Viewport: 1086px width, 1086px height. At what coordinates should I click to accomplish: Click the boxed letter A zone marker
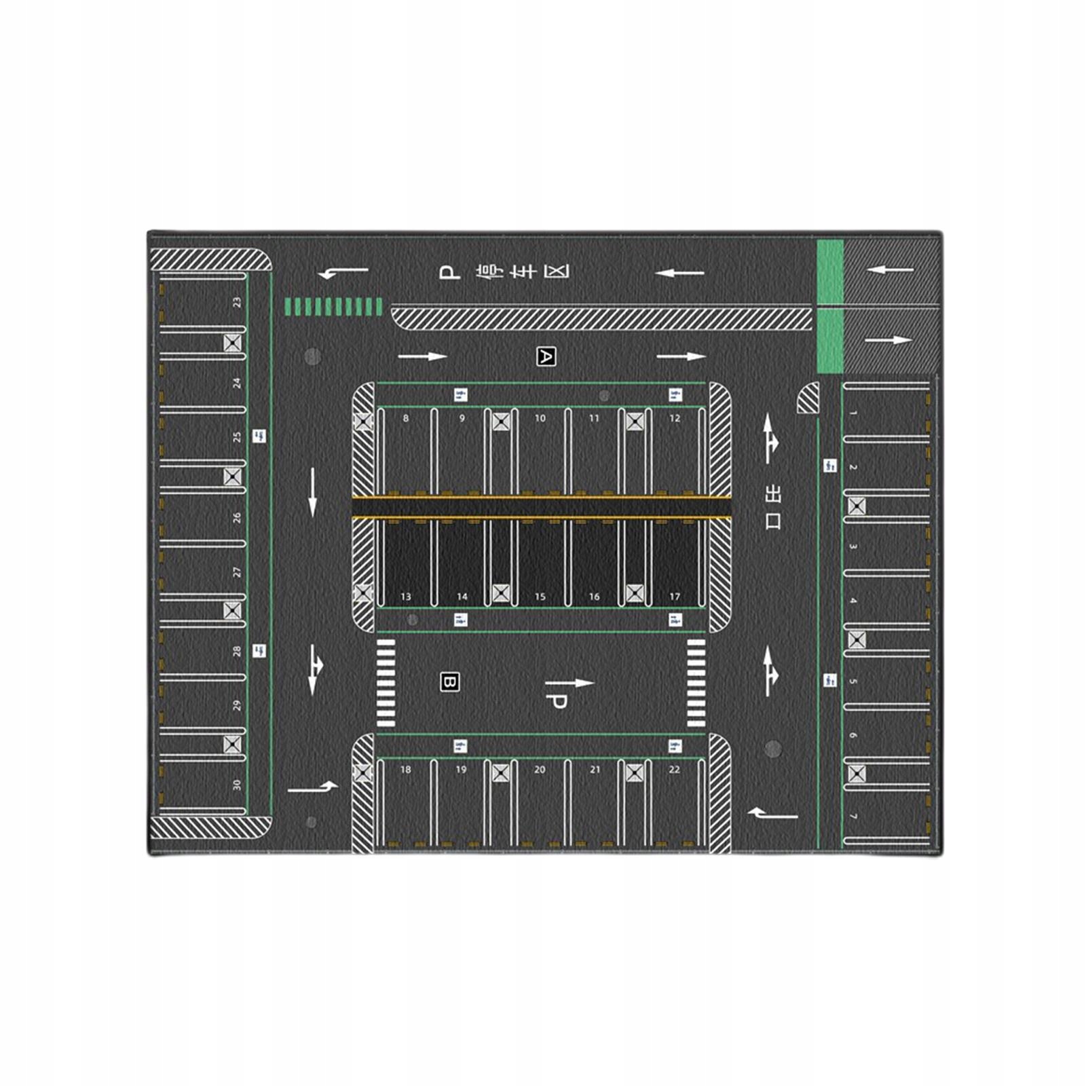coord(546,356)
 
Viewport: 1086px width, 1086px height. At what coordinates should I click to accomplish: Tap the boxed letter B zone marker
coord(450,682)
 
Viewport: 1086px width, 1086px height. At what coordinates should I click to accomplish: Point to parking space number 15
coord(540,563)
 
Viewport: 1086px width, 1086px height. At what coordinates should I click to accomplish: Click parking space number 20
coord(540,804)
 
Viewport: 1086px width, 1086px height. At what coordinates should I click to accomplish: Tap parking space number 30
coord(204,785)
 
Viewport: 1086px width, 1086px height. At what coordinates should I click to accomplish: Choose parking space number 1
coord(886,413)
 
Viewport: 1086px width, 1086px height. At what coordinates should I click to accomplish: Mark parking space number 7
coord(886,816)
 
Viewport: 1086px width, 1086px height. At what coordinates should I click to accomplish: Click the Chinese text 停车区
coord(523,272)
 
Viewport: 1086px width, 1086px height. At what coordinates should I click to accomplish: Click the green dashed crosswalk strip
coord(333,307)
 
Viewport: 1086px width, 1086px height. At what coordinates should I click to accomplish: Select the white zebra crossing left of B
coord(386,683)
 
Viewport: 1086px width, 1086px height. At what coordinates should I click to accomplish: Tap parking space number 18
coord(406,804)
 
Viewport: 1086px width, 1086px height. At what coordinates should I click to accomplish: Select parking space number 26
coord(204,517)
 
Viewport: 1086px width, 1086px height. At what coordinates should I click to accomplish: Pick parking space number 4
coord(886,600)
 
